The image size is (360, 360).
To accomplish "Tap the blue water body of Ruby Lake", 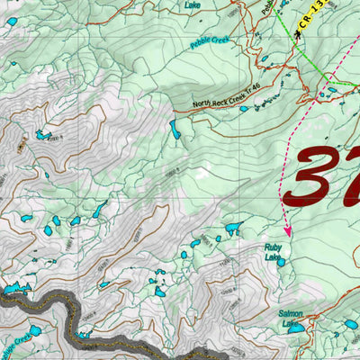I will pyautogui.click(x=282, y=262).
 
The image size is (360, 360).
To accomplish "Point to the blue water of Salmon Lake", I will pyautogui.click(x=294, y=329).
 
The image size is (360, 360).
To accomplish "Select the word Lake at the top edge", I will pyautogui.click(x=193, y=5).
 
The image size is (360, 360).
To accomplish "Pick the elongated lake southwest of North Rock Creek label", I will pyautogui.click(x=175, y=131).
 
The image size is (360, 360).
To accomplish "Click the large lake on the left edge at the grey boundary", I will pyautogui.click(x=13, y=290).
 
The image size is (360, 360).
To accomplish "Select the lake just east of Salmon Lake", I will pyautogui.click(x=349, y=323).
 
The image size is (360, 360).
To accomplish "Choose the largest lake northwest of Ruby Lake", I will pyautogui.click(x=234, y=229).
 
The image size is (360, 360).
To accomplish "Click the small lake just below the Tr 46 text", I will pyautogui.click(x=244, y=109).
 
